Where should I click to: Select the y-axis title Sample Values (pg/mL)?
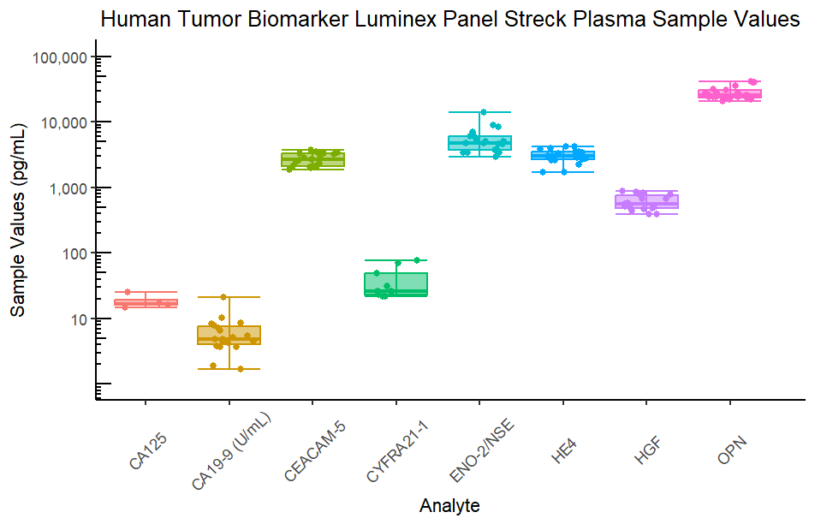pos(18,222)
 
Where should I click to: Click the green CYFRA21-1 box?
pos(396,284)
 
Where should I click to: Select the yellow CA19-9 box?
pos(229,335)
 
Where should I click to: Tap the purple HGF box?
pos(647,201)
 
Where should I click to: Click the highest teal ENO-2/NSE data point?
pos(483,112)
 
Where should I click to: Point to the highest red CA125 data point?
pos(128,292)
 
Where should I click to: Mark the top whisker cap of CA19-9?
pos(229,297)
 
